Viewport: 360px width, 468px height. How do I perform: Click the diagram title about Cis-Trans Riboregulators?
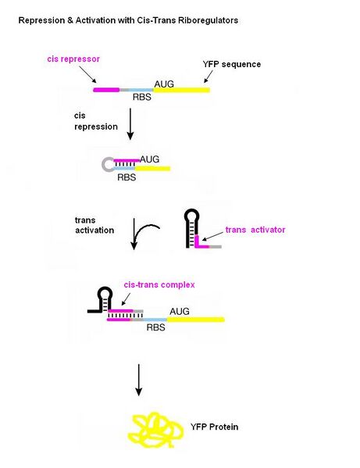tap(128, 20)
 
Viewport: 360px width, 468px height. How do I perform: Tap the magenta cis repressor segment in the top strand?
tap(105, 90)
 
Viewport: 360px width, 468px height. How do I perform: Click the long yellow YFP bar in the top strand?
tap(181, 90)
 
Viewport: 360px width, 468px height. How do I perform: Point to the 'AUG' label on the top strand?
tap(165, 82)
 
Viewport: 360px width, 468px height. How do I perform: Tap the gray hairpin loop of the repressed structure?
tap(109, 164)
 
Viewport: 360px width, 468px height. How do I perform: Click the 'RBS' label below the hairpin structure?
tap(127, 177)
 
